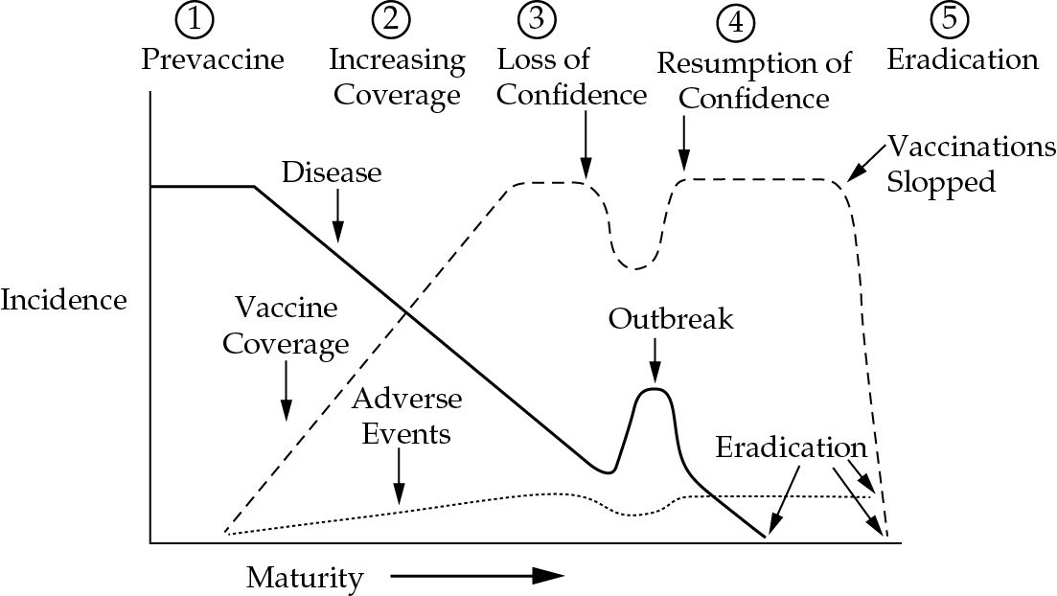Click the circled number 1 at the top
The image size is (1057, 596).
tap(195, 19)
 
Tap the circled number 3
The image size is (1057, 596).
tap(537, 19)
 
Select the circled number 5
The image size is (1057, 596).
tap(949, 19)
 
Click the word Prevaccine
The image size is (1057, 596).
tap(213, 59)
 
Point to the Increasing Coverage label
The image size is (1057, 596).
tap(397, 77)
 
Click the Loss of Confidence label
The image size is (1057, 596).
tap(572, 77)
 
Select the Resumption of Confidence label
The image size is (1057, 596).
tap(754, 80)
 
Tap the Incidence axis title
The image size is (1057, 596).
tap(63, 300)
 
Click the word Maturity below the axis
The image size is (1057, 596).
tap(305, 578)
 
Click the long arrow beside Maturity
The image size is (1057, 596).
tap(476, 576)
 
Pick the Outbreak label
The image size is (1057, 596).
tap(671, 318)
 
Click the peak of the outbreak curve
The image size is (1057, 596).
tap(653, 389)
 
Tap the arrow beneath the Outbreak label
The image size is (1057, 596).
tap(654, 360)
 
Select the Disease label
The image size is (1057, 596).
tap(332, 172)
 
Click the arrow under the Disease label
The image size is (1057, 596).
tap(337, 217)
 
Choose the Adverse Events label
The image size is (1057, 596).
tap(406, 416)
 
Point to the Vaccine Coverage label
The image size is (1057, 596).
tap(286, 326)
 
